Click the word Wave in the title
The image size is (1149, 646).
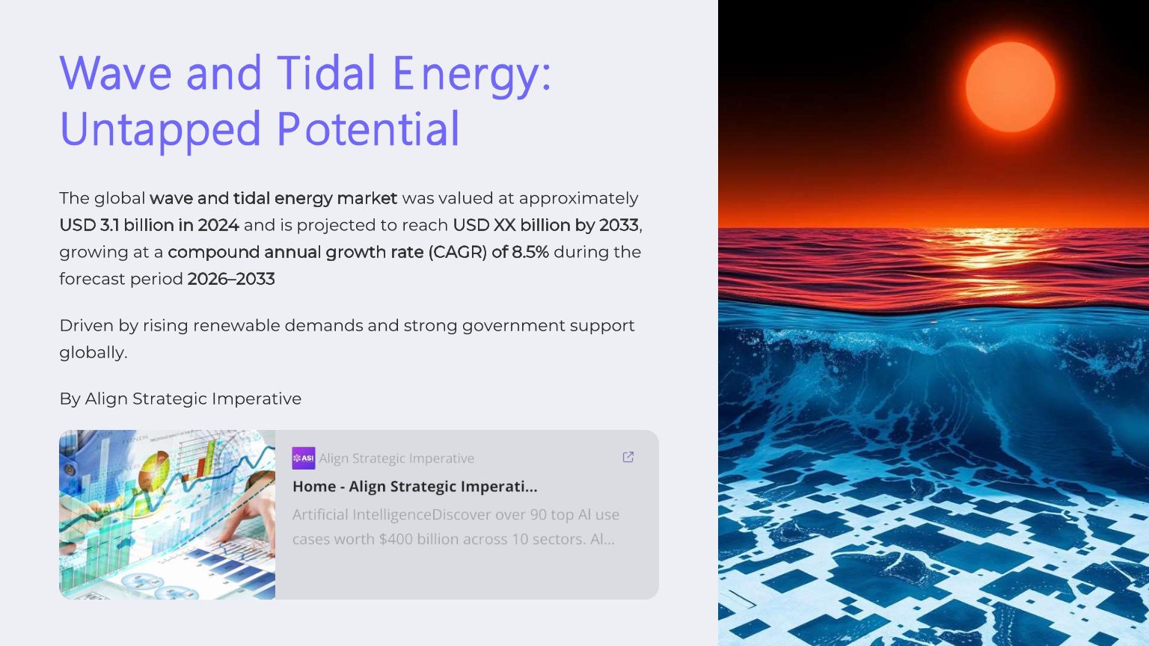pyautogui.click(x=116, y=73)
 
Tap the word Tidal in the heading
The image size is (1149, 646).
pyautogui.click(x=326, y=73)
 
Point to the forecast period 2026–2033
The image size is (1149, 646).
pyautogui.click(x=231, y=279)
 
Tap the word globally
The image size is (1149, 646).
pyautogui.click(x=94, y=353)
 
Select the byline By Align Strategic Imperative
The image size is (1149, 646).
pyautogui.click(x=180, y=399)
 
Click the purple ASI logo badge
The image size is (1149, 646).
pyautogui.click(x=304, y=458)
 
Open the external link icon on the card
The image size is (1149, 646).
pyautogui.click(x=628, y=457)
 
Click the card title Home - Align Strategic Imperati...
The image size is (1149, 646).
pyautogui.click(x=415, y=487)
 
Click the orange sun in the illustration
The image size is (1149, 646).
pyautogui.click(x=1011, y=87)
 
